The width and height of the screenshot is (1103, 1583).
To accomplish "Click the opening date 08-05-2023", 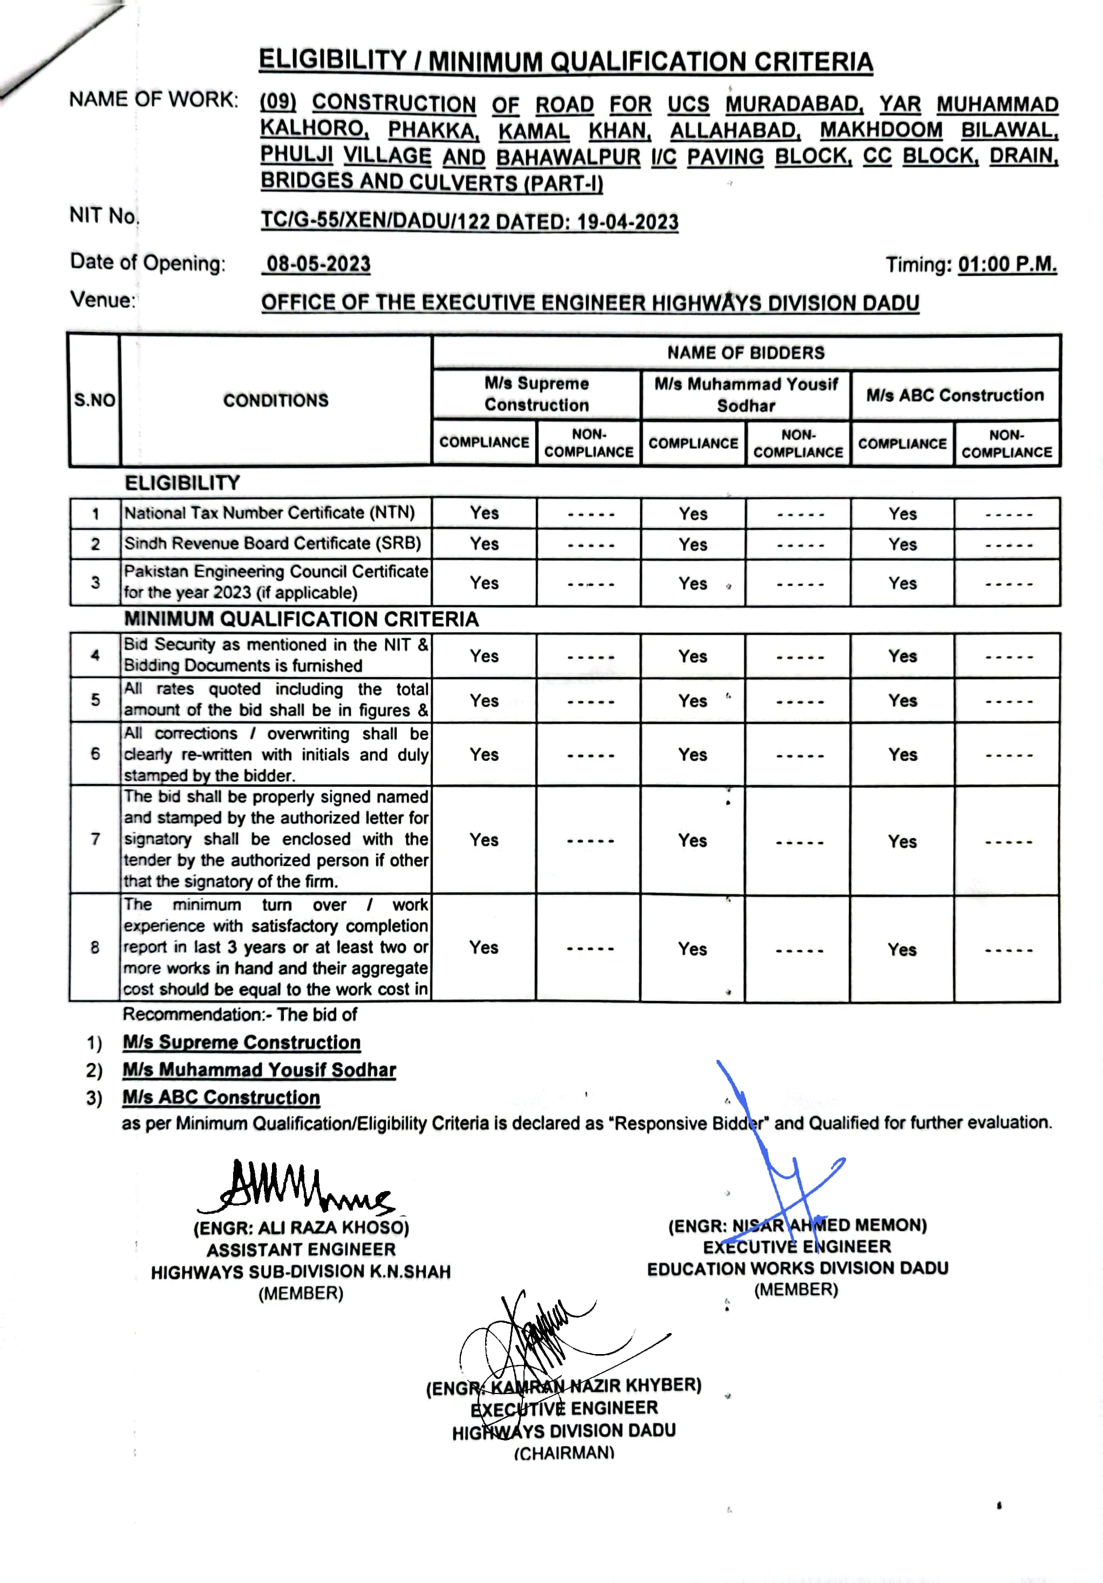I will pyautogui.click(x=318, y=264).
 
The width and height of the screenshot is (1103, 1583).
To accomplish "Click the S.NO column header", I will pyautogui.click(x=94, y=400).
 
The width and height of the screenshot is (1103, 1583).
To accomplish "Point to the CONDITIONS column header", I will pyautogui.click(x=276, y=401).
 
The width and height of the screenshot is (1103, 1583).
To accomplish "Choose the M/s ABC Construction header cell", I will pyautogui.click(x=955, y=395).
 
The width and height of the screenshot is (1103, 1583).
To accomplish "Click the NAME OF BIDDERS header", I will pyautogui.click(x=745, y=353).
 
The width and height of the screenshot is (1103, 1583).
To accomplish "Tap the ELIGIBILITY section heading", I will pyautogui.click(x=182, y=483).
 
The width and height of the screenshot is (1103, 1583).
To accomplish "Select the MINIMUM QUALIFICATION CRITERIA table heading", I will pyautogui.click(x=301, y=619).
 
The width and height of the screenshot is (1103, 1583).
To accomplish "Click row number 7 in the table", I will pyautogui.click(x=95, y=839).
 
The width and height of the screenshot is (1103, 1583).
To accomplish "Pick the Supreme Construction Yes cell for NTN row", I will pyautogui.click(x=485, y=513).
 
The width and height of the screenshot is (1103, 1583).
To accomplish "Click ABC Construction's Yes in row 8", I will pyautogui.click(x=902, y=949).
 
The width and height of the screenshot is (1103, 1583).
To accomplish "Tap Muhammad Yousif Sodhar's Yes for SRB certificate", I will pyautogui.click(x=692, y=545).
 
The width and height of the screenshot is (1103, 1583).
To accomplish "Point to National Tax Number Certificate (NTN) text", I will pyautogui.click(x=269, y=513).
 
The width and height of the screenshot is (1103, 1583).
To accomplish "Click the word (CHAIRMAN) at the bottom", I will pyautogui.click(x=563, y=1453).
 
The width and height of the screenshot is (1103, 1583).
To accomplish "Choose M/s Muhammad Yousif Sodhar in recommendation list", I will pyautogui.click(x=259, y=1070).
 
